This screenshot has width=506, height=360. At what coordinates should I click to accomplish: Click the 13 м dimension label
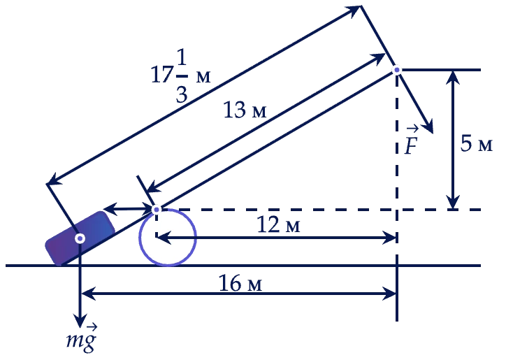245,110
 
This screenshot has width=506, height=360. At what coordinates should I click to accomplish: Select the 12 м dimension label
278,224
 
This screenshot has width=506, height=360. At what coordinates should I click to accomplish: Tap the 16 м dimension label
240,283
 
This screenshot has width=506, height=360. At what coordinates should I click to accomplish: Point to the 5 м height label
477,143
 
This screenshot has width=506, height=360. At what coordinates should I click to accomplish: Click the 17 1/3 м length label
181,76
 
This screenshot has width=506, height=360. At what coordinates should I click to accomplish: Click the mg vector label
82,338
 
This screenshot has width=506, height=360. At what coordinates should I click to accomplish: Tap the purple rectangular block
80,238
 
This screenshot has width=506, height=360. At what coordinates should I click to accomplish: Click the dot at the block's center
80,238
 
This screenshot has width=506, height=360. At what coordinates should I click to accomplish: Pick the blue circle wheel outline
139,237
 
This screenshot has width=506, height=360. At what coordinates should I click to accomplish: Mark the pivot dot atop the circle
157,210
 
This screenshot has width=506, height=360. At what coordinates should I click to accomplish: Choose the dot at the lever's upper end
397,70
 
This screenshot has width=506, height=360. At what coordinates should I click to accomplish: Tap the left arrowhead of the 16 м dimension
87,294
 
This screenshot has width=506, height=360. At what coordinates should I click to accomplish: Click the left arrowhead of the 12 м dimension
163,238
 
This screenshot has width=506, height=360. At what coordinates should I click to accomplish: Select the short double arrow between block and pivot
129,210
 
